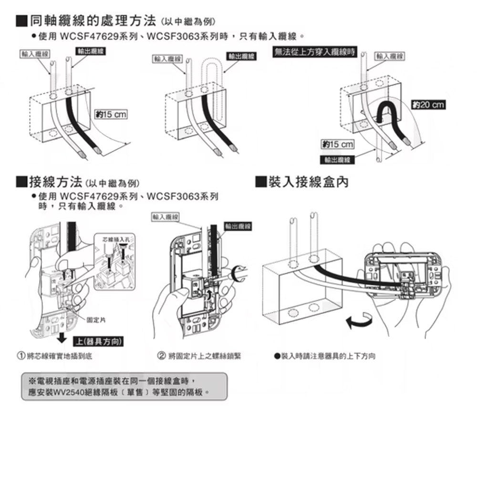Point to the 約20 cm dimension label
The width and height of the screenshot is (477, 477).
(427, 105)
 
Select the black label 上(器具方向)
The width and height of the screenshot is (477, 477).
(98, 341)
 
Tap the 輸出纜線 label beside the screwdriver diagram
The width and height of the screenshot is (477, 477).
(238, 226)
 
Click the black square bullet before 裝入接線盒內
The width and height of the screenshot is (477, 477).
(260, 182)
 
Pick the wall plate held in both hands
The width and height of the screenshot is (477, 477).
(405, 274)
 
